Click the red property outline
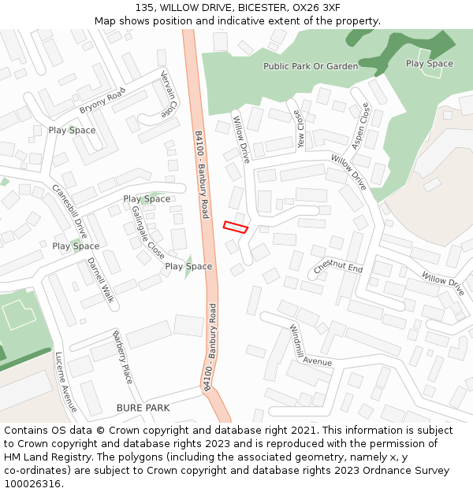pos(236,227)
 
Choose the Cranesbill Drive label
pos(69,211)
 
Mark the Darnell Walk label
pos(101,279)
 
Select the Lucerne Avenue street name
pos(66,382)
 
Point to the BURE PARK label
pos(143,408)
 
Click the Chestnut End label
pos(338,268)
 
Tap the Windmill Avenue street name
pos(309,347)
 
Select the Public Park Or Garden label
pos(311,67)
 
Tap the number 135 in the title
pos(143,7)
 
